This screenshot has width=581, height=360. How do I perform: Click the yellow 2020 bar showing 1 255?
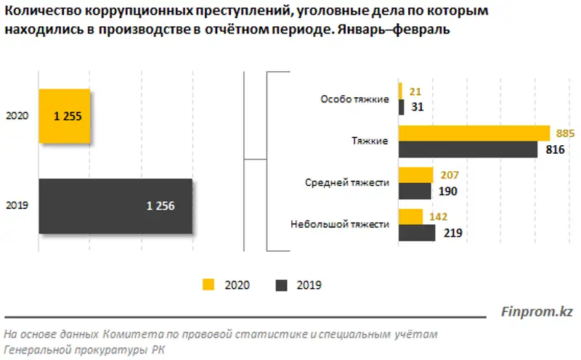tap(65, 116)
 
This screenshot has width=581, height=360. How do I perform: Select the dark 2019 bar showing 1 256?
tap(115, 206)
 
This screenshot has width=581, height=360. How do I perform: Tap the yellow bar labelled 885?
tap(474, 133)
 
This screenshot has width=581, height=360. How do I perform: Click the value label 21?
tap(415, 92)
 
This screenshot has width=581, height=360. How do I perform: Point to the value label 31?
tap(417, 107)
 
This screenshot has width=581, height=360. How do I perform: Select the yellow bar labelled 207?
tap(415, 175)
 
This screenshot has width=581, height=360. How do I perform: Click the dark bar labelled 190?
tap(414, 191)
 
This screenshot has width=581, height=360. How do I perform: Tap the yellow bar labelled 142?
tap(410, 217)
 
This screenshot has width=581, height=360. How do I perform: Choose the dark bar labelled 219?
tap(417, 233)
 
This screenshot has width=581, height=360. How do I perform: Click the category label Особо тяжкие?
tap(355, 99)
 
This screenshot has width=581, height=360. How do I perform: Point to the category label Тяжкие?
tap(370, 141)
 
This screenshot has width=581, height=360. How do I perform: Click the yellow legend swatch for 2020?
tap(209, 285)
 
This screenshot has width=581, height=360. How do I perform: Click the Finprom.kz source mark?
tap(537, 312)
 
